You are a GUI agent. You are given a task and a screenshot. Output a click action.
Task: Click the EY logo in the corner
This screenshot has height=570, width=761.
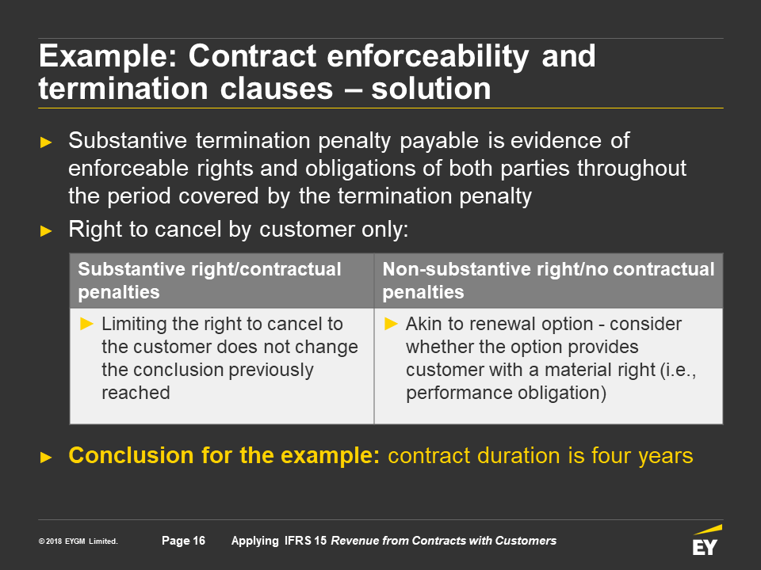[x=706, y=540]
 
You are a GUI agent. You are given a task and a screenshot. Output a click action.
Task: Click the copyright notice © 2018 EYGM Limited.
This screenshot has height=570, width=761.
[x=78, y=541]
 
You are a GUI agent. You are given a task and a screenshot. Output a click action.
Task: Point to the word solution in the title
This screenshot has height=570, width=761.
[x=431, y=89]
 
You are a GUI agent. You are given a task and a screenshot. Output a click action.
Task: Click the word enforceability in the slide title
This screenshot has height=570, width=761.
[x=428, y=57]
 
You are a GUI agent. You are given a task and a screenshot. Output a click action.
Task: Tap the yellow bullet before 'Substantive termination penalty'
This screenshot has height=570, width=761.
[x=46, y=142]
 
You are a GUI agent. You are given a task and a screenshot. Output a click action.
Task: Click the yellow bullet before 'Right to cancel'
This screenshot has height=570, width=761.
[x=46, y=230]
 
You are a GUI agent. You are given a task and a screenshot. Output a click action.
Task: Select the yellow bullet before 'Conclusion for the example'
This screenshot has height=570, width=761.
[x=46, y=457]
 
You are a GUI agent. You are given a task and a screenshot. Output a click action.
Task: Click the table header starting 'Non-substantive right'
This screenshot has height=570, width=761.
[x=549, y=280]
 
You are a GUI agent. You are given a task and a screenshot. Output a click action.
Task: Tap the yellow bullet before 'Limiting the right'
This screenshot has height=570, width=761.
[x=86, y=324]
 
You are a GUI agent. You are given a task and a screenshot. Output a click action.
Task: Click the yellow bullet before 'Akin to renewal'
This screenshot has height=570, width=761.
[x=391, y=324]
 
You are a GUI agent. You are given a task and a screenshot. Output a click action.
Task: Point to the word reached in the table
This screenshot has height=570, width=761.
[x=136, y=393]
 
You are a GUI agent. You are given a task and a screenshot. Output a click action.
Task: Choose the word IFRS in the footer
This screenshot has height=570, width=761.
[x=297, y=541]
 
